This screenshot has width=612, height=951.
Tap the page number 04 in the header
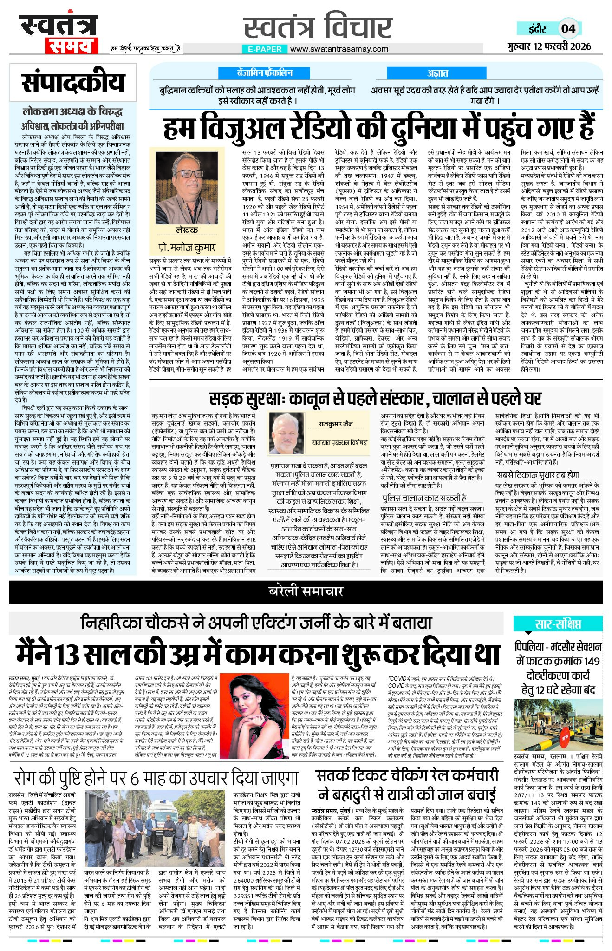pos(568,28)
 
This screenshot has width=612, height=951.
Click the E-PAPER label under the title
pos(265,49)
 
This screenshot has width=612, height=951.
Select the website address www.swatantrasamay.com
pos(339,49)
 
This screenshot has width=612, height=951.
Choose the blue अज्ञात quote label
pos(437,73)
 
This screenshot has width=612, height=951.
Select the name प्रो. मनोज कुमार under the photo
pos(187,248)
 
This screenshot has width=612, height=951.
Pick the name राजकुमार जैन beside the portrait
pos(335,424)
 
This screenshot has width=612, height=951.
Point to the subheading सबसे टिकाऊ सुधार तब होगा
pos(538,475)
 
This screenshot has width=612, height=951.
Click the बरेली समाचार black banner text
pos(306,591)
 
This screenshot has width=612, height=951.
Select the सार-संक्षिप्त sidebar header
pos(557,624)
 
